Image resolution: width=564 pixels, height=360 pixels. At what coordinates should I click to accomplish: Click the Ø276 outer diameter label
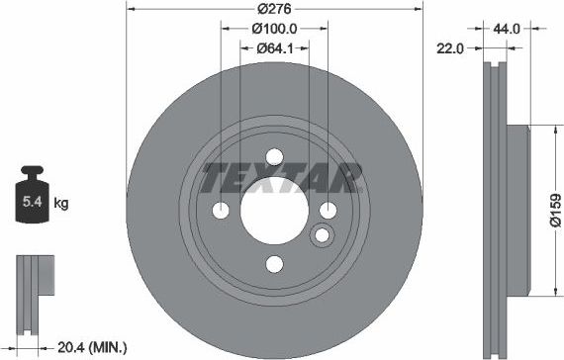pyautogui.click(x=274, y=8)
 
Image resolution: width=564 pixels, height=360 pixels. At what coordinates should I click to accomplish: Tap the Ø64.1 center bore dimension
pyautogui.click(x=274, y=47)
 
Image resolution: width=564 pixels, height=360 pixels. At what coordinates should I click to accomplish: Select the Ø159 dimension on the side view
pyautogui.click(x=556, y=210)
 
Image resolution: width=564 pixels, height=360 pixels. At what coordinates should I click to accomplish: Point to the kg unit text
pyautogui.click(x=60, y=204)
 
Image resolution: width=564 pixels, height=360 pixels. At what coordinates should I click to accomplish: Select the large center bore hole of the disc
pyautogui.click(x=274, y=210)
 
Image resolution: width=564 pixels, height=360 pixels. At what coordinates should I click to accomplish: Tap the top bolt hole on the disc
pyautogui.click(x=274, y=156)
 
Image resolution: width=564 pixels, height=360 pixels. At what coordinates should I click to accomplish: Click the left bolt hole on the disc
pyautogui.click(x=221, y=210)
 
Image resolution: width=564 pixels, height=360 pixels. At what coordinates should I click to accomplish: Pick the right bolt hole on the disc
pyautogui.click(x=328, y=209)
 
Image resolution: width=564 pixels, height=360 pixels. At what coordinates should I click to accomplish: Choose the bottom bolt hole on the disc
pyautogui.click(x=274, y=263)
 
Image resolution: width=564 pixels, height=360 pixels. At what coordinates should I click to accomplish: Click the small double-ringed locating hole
pyautogui.click(x=322, y=235)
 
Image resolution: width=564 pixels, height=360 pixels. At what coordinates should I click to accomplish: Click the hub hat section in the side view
pyautogui.click(x=519, y=210)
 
